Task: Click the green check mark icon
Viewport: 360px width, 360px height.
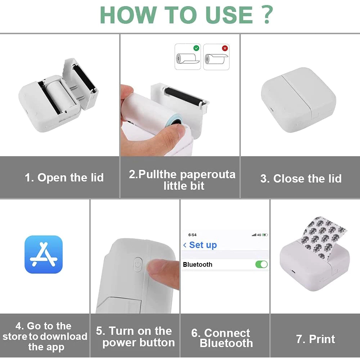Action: (x=196, y=48)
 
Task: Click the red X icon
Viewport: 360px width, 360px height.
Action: (x=225, y=48)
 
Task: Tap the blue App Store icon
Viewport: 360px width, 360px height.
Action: (x=44, y=255)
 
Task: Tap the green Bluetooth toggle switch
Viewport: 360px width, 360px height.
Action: (x=261, y=264)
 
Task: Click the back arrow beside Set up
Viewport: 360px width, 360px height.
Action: (x=185, y=245)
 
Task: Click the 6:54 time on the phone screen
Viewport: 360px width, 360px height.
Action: (x=192, y=235)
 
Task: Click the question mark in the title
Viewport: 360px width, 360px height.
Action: (x=266, y=15)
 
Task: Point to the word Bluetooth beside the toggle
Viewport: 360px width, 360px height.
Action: (x=197, y=265)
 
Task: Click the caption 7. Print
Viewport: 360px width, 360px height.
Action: (x=315, y=339)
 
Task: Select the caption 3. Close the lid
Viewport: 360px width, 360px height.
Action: (x=301, y=179)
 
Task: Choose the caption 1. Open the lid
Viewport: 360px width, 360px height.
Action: (x=64, y=177)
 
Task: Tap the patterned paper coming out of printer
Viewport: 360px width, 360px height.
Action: (x=324, y=237)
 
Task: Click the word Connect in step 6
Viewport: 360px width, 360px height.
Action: (x=227, y=333)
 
